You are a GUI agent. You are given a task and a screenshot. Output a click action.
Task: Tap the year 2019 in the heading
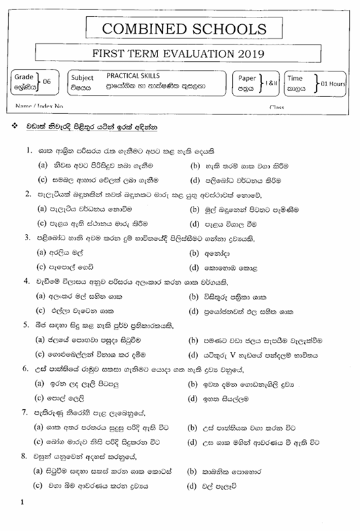(x=249, y=55)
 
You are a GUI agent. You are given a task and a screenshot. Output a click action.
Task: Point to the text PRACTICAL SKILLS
(x=131, y=77)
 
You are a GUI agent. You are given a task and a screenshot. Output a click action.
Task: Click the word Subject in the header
(x=82, y=78)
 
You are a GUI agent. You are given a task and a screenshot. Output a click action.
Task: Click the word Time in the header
(x=295, y=78)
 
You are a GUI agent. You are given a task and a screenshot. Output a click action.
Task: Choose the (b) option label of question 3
(x=194, y=254)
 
